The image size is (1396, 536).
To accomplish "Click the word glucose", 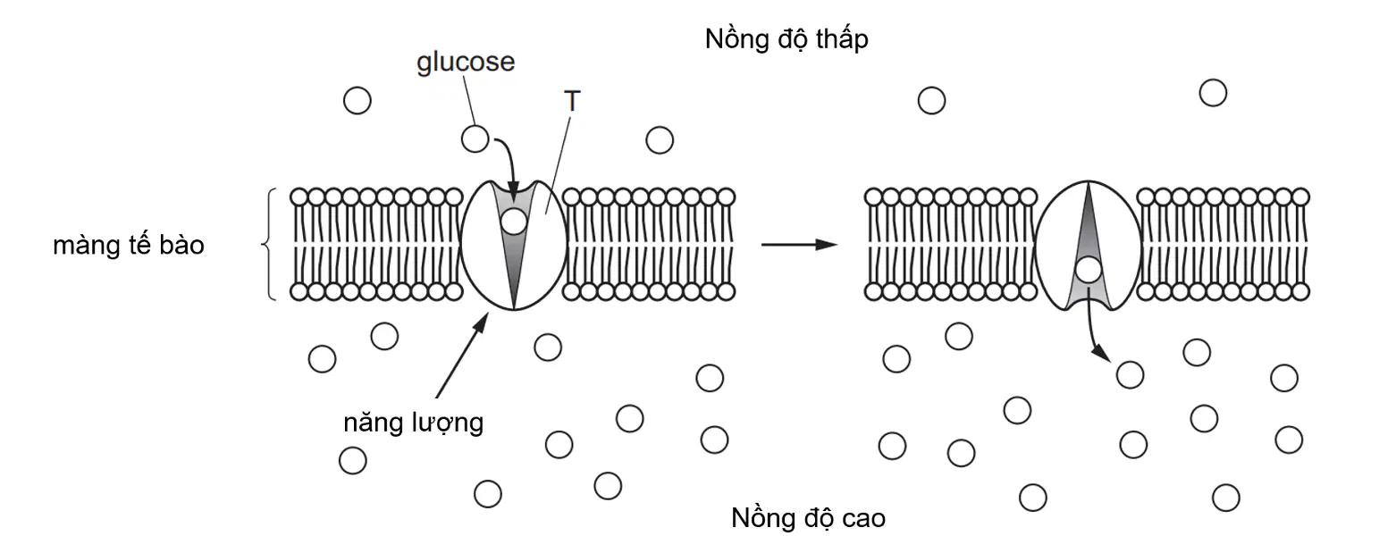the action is tap(466, 63).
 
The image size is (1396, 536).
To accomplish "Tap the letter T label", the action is tap(571, 100).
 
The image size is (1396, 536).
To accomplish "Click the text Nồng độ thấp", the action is tap(786, 39).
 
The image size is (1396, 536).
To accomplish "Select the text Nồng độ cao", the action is tap(808, 518).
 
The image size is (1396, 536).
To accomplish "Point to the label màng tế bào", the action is tap(129, 245).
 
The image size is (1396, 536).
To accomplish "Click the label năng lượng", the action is tap(413, 423).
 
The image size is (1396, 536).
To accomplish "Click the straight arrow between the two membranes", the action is tap(799, 244).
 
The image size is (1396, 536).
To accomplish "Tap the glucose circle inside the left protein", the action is tap(514, 222).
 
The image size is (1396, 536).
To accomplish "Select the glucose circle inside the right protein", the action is tap(1089, 270).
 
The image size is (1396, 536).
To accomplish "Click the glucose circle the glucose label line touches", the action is tap(475, 139).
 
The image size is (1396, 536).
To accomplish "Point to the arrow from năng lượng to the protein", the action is tap(462, 355).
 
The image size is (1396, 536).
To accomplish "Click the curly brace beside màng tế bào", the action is tap(266, 244).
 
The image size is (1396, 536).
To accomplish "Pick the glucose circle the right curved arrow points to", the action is tap(1130, 375).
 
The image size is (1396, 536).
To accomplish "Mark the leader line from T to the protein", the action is tap(558, 164).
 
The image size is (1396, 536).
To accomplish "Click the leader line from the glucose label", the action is tap(470, 102).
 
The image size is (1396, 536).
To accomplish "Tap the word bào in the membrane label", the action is tap(182, 245).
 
